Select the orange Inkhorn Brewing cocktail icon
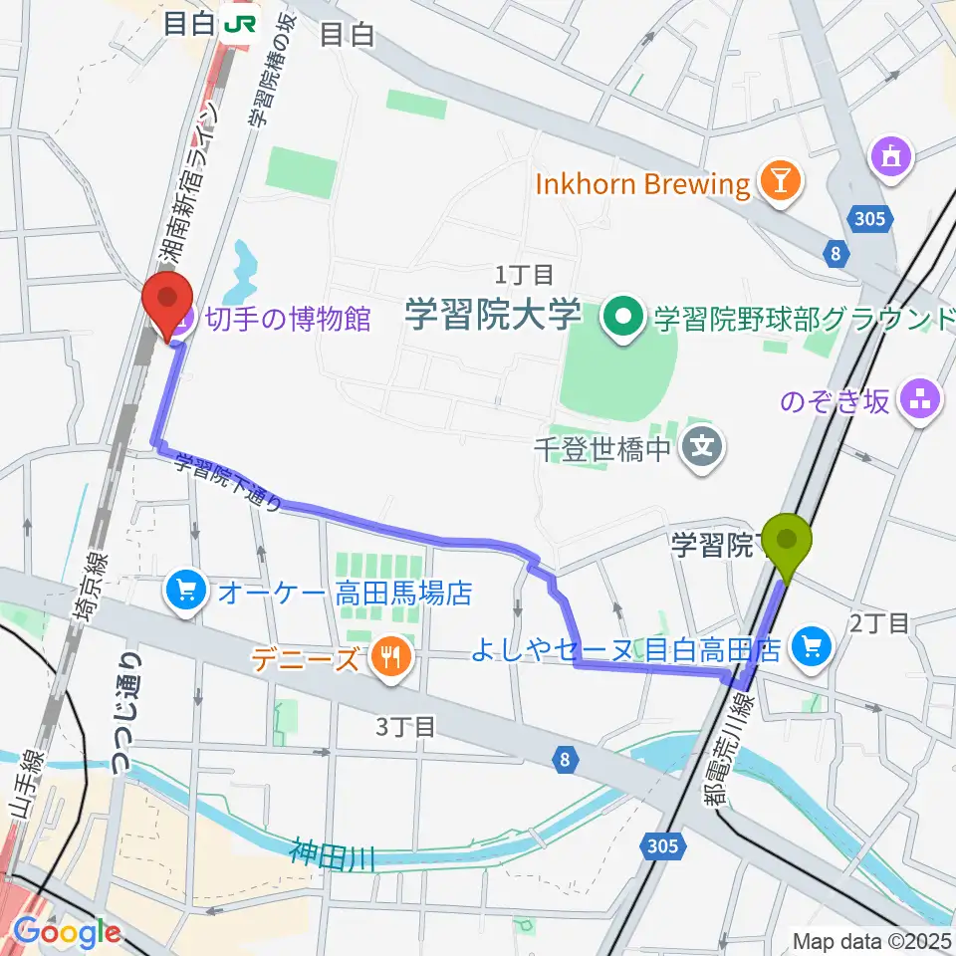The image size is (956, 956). (x=772, y=181)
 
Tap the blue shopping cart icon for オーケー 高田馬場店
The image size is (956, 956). (x=185, y=593)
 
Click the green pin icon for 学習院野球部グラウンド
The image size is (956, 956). (x=625, y=320)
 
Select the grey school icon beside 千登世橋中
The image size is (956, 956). (x=704, y=445)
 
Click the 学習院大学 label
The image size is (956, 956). (x=492, y=318)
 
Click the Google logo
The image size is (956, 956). (x=67, y=932)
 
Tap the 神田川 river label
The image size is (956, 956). (x=333, y=855)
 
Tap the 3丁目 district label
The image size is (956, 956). (x=405, y=727)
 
